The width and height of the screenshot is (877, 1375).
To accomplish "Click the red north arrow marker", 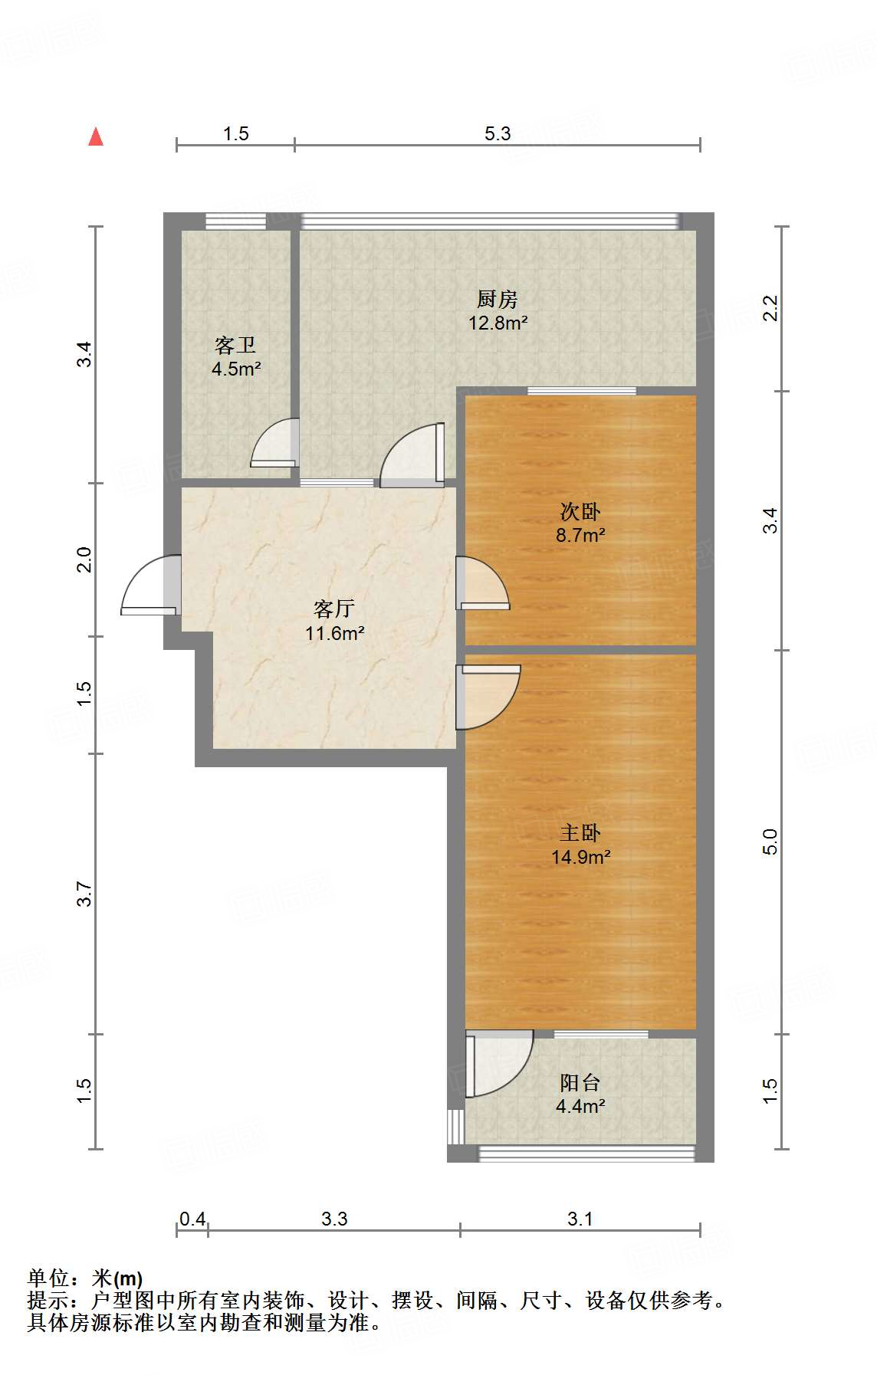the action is pos(96,136).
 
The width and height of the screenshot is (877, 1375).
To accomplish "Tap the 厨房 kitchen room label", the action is pos(498,299).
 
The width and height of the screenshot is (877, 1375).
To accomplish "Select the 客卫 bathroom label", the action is pos(235,345).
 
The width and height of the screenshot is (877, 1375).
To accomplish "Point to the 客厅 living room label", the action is pos(334,609).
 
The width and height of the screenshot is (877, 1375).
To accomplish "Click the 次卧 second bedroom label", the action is pos(580,510).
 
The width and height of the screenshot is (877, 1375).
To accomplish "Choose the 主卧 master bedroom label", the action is pos(580,832).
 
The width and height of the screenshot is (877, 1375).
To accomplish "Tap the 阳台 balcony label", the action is pos(580,1082).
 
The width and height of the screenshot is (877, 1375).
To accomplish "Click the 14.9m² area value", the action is pos(581,857).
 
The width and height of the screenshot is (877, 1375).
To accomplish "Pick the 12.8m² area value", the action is pos(498,323).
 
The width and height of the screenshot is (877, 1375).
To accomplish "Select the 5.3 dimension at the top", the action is pos(498,133).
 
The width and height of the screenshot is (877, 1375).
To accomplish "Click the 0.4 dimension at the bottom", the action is pos(192,1219).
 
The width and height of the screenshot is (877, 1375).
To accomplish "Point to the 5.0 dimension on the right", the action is pos(770,842).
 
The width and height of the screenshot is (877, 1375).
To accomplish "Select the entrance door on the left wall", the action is pos(151,585).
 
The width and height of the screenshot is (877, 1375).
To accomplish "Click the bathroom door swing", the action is pos(274,442).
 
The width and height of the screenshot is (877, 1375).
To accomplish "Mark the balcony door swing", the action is pos(499,1064).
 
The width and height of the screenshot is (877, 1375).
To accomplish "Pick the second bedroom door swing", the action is pos(483,583).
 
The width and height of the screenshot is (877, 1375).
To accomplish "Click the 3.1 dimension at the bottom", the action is pos(580,1219).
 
